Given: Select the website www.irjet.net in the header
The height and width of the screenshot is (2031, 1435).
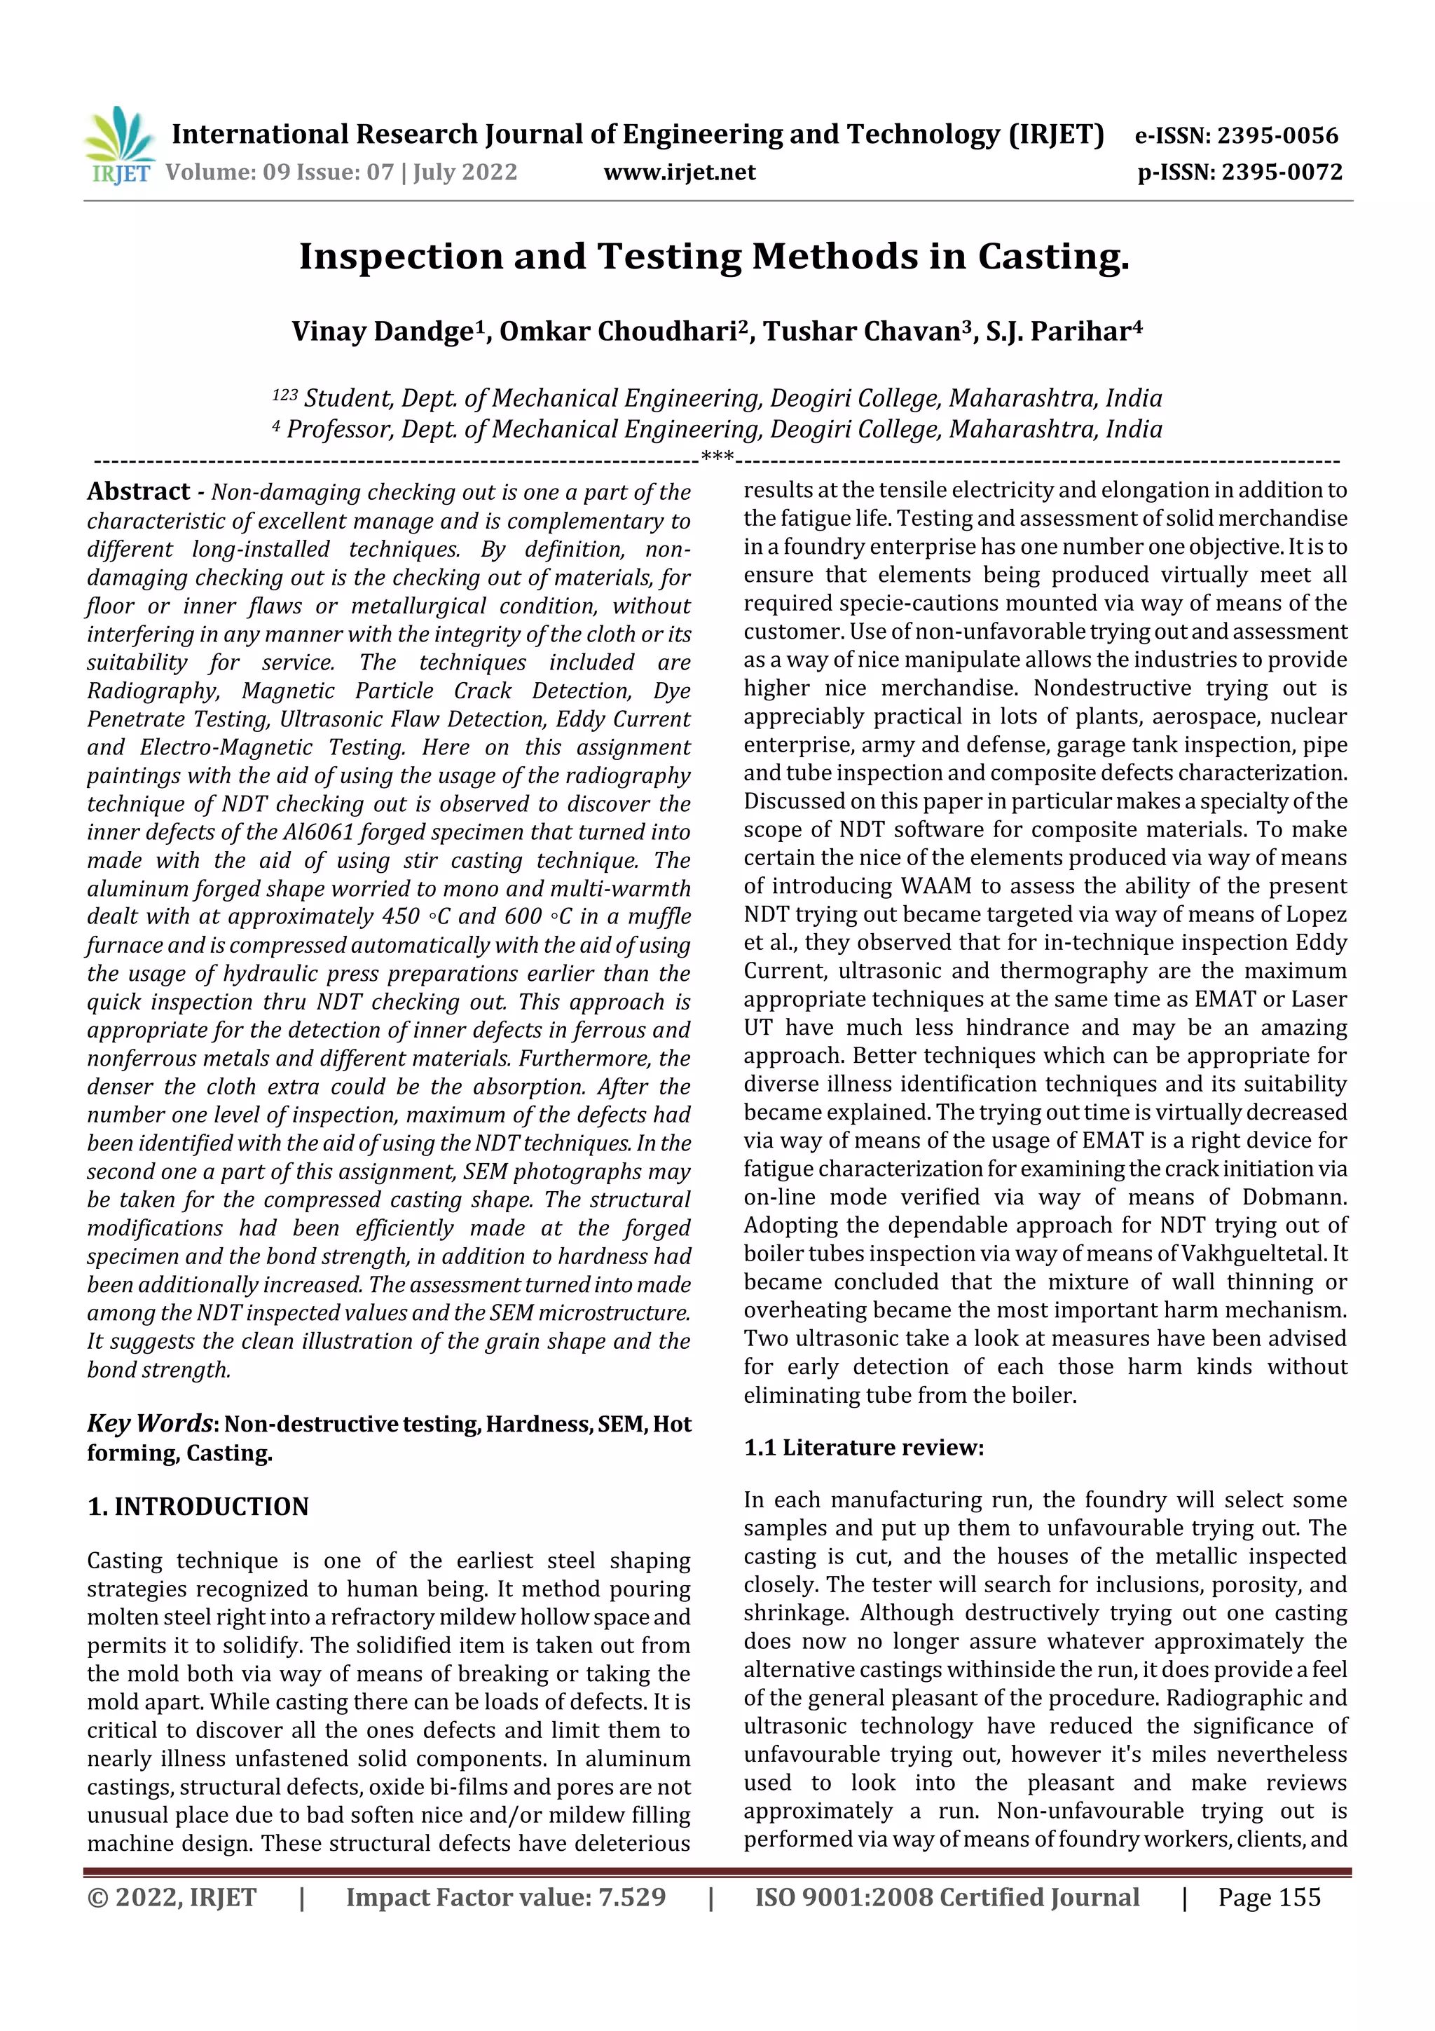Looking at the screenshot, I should tap(679, 172).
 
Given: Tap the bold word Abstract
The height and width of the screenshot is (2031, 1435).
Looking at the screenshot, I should tap(139, 492).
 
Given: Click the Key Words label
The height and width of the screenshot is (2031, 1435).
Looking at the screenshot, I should tap(149, 1423).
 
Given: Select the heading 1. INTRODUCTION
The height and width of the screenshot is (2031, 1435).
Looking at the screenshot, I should tap(198, 1507).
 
